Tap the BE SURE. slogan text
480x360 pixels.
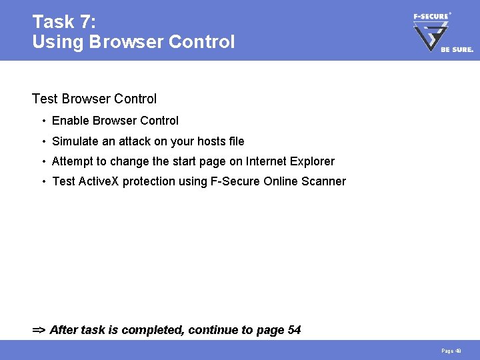point(457,49)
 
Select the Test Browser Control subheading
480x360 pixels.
point(94,99)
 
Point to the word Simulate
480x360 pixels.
point(75,141)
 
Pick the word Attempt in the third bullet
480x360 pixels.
point(72,161)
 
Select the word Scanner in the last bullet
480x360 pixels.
point(324,181)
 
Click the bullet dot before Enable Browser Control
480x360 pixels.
point(43,121)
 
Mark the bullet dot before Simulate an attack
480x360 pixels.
point(43,141)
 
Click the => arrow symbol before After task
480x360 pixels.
point(39,330)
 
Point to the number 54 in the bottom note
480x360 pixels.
point(294,330)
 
